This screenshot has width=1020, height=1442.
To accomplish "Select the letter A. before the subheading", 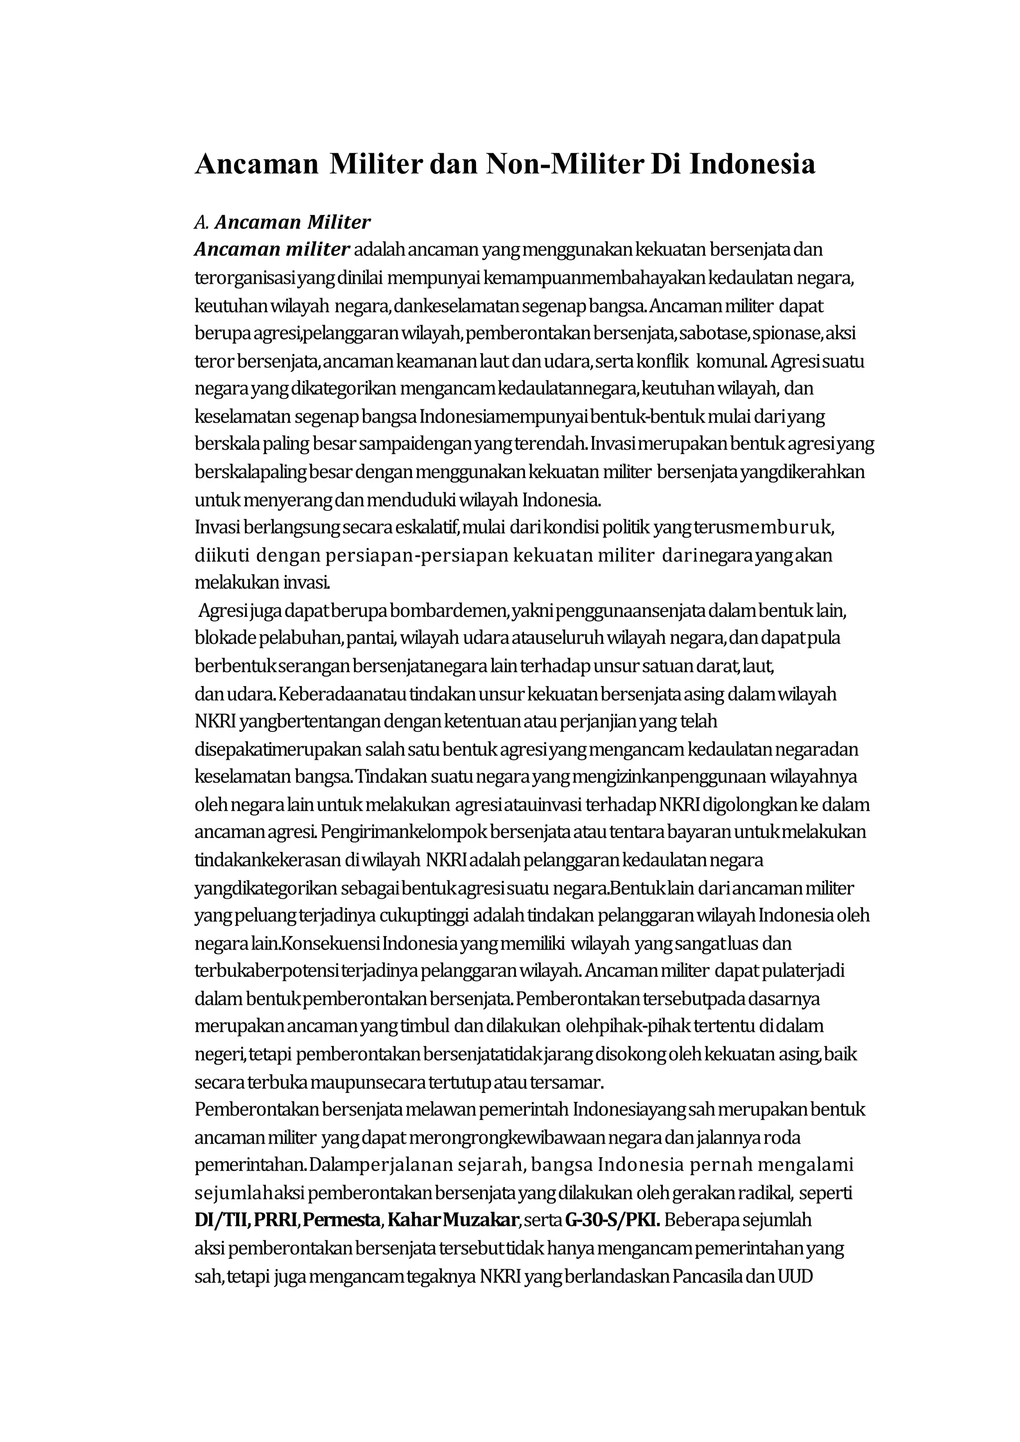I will [201, 223].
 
